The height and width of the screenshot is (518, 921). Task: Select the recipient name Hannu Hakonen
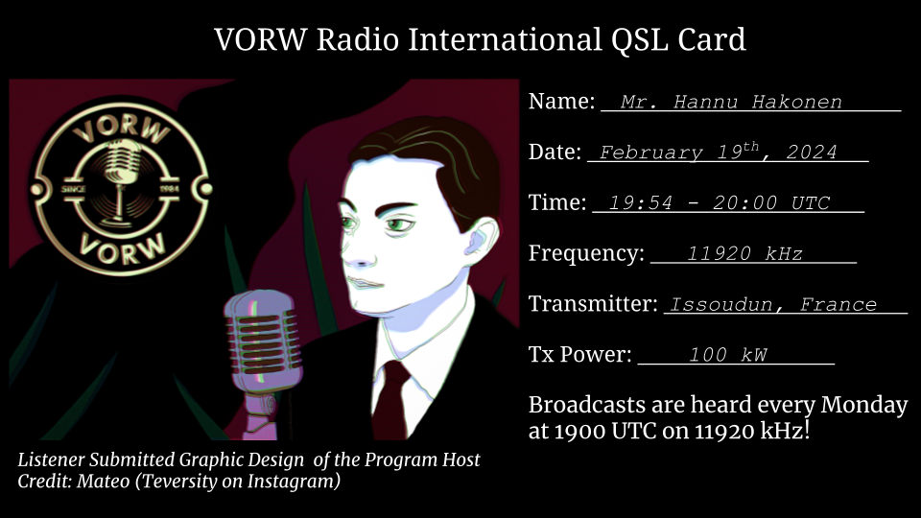[x=758, y=103]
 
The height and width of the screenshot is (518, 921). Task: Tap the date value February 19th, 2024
[x=718, y=152]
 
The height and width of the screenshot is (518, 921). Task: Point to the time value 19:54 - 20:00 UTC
[x=719, y=203]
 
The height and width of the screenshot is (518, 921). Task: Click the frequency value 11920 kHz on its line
[x=744, y=253]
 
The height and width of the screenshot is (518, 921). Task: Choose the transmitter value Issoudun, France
[x=773, y=304]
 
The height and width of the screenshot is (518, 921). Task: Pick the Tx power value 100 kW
[x=728, y=355]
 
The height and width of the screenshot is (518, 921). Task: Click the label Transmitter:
[x=593, y=304]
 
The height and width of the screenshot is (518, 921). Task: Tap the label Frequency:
[x=586, y=253]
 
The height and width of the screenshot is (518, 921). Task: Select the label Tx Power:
[x=580, y=354]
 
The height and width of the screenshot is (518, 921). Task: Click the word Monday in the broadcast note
[x=864, y=405]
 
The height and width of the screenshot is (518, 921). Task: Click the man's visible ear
[x=480, y=238]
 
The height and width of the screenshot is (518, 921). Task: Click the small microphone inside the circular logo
[x=121, y=177]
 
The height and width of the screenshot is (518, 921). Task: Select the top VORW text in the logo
[x=122, y=128]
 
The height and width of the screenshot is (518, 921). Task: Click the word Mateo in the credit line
[x=103, y=481]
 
